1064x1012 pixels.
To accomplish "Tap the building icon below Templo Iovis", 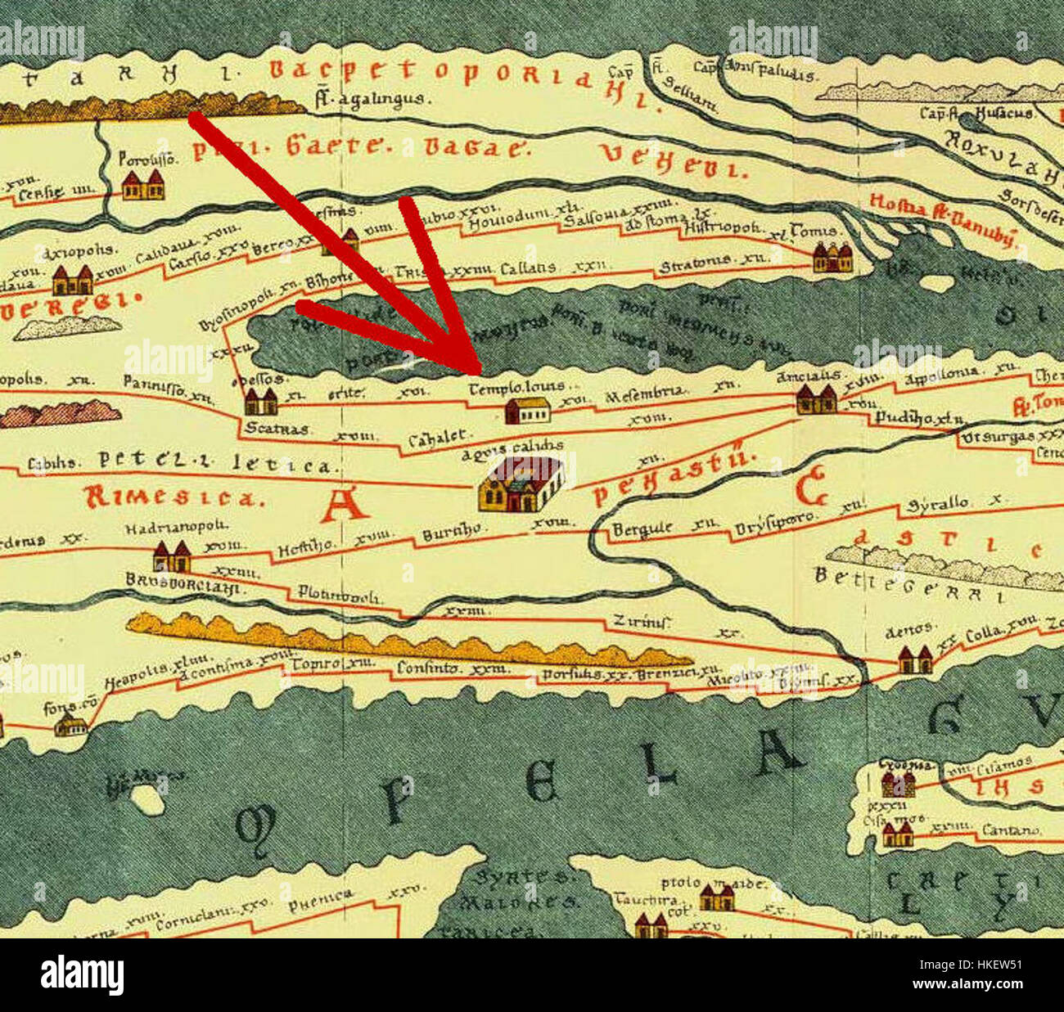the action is point(527,410).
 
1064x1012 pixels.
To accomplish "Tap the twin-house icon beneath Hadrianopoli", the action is point(172,557).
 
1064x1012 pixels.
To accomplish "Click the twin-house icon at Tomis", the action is point(833,258).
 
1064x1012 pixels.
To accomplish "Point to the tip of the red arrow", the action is point(478,371).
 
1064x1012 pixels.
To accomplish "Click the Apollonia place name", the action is point(941,372).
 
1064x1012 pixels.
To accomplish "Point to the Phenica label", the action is point(321,900).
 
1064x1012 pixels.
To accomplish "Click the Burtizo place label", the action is point(451,533).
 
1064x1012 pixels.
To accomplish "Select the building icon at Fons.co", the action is point(71,725).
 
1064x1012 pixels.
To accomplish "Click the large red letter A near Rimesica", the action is point(343,506).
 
